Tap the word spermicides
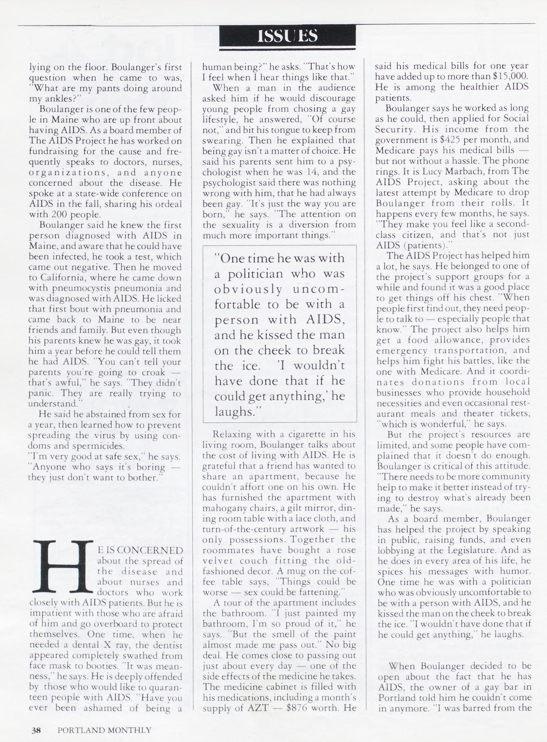(x=100, y=446)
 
